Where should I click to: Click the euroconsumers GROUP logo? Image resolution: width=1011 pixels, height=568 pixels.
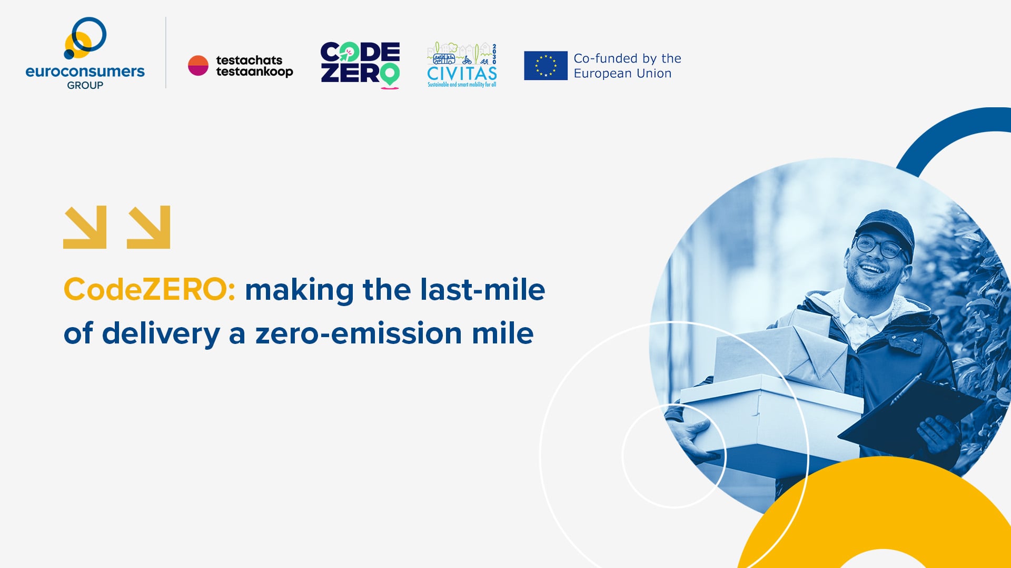(85, 53)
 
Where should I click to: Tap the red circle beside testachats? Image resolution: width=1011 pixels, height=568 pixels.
(198, 66)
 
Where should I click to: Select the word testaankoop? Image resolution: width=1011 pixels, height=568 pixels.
(254, 73)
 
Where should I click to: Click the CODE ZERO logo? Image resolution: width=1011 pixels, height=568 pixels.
(360, 65)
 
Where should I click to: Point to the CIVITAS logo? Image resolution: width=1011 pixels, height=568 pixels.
(462, 65)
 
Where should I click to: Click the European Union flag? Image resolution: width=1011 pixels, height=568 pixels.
(546, 65)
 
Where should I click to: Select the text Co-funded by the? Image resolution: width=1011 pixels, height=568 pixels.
(627, 58)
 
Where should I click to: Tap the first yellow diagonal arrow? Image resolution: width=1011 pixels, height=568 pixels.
(85, 227)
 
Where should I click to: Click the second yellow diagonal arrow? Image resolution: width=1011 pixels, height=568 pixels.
(148, 227)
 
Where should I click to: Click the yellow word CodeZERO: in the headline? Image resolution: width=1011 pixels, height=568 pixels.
(150, 289)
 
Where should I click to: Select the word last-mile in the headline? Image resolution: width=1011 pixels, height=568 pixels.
(482, 289)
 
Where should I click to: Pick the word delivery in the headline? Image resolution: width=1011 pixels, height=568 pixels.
(161, 334)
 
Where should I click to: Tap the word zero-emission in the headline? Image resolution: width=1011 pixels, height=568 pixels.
(359, 333)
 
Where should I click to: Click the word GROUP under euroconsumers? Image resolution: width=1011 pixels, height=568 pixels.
(85, 85)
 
